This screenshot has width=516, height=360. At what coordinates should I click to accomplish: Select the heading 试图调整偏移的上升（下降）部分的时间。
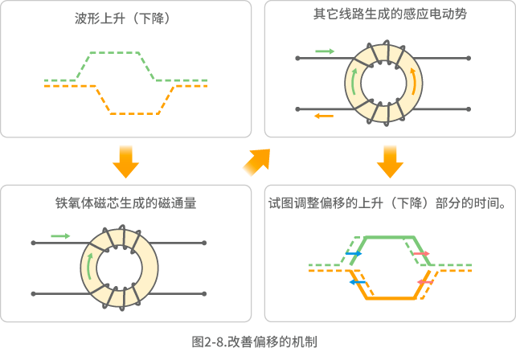[388, 203]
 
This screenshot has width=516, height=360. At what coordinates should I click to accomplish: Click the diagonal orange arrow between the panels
[256, 163]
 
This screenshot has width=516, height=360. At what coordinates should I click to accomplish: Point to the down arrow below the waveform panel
[125, 161]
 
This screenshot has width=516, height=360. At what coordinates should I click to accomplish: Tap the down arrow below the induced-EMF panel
[390, 161]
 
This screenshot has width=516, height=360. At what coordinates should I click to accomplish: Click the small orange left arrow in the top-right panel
[325, 117]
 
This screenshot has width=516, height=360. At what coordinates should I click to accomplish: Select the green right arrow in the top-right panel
[325, 51]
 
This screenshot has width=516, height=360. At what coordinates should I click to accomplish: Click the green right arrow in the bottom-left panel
[60, 235]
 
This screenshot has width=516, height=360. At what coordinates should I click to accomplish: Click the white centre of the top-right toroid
[382, 83]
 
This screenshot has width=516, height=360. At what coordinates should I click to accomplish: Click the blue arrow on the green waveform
[354, 253]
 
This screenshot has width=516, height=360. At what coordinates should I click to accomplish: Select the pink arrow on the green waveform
[422, 254]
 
